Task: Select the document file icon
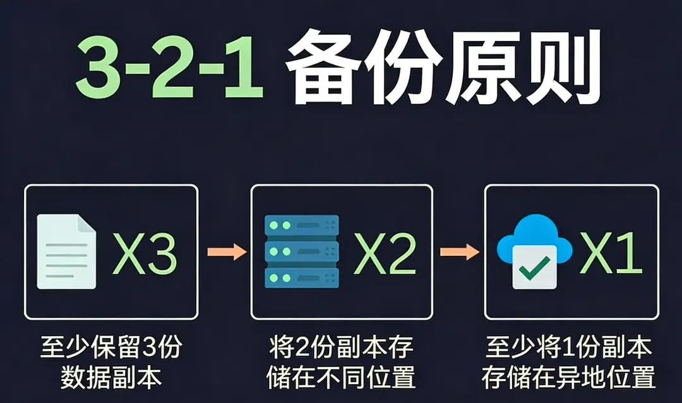coord(66,251)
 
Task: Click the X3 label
coord(144,253)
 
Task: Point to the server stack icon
coord(302,251)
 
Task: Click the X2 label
coord(385,253)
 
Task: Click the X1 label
coord(611,253)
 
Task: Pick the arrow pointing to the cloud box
coord(459,252)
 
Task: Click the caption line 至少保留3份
coord(111,348)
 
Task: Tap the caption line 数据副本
coord(111,377)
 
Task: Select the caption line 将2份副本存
coord(341,348)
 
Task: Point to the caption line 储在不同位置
coord(341,377)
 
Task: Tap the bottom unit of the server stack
coord(302,277)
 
